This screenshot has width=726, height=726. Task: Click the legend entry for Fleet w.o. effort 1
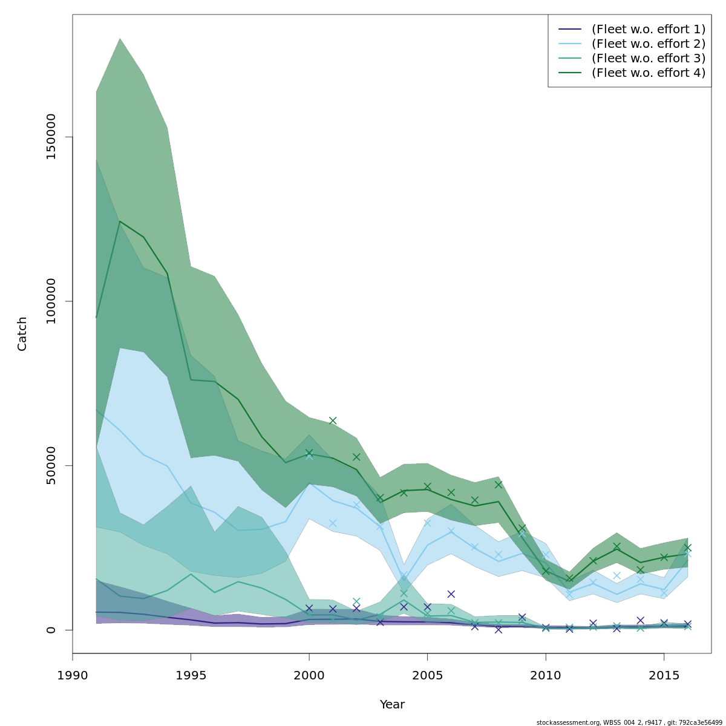point(648,29)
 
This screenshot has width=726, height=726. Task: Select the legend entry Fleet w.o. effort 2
point(648,44)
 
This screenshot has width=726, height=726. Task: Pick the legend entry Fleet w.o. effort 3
point(648,58)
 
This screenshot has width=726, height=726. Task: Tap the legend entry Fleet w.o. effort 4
point(648,73)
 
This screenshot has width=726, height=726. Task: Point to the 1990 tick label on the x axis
point(73,675)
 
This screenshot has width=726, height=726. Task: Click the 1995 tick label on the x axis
point(191,675)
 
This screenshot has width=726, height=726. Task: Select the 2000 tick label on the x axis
point(309,675)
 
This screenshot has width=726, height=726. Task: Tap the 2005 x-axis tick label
point(427,675)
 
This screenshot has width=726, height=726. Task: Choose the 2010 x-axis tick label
point(546,675)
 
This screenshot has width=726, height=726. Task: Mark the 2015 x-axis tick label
point(664,675)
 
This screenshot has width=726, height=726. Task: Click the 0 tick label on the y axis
point(51,630)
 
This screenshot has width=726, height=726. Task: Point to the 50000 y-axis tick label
point(51,465)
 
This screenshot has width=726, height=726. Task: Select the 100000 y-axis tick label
point(51,301)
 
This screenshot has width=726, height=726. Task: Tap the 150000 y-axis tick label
point(51,137)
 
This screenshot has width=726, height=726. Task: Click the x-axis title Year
point(392,705)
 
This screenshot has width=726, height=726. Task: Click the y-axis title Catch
point(22,333)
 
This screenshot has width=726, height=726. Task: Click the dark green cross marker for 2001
point(333,420)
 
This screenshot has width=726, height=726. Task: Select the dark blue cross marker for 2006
point(451,594)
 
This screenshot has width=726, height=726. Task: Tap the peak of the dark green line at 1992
point(120,221)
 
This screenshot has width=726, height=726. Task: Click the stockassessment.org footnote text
point(629,722)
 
